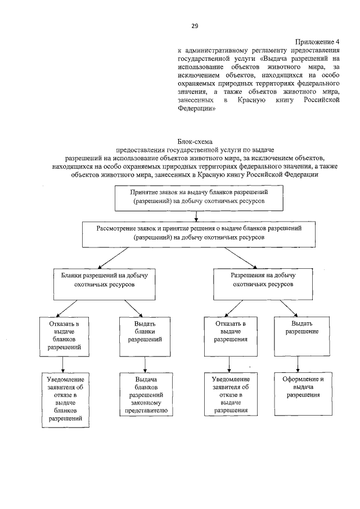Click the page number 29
point(195,26)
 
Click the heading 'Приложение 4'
point(318,42)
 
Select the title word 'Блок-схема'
point(195,142)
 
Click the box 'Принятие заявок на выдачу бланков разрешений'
point(195,197)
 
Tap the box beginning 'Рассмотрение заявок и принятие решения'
point(195,233)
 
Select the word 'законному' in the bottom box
point(145,403)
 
